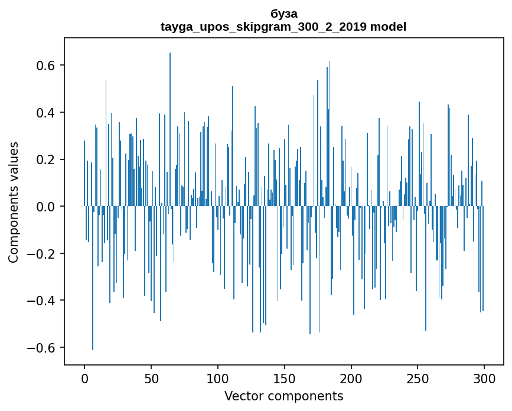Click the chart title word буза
[283, 14]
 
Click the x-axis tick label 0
[84, 379]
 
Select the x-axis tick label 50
[151, 379]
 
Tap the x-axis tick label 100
[218, 379]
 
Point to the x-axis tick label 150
[284, 379]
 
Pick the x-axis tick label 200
[351, 379]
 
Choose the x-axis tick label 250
[418, 379]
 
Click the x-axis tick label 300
[484, 379]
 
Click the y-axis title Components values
[14, 202]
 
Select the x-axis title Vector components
[283, 396]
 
